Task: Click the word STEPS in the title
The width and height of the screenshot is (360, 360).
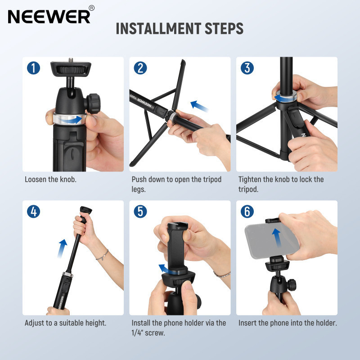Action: click(x=224, y=28)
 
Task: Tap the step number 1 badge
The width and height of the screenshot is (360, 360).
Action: click(x=33, y=68)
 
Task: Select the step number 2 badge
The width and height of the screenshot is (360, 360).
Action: click(x=140, y=68)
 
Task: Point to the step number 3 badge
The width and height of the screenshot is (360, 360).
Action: click(x=247, y=68)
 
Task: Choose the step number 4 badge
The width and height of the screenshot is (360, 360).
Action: click(x=33, y=211)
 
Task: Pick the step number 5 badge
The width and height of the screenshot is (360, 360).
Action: click(x=140, y=211)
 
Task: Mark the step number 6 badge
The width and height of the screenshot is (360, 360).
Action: click(x=247, y=211)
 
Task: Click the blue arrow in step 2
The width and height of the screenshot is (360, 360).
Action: click(x=199, y=106)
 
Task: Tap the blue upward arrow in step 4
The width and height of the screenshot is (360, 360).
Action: click(x=62, y=248)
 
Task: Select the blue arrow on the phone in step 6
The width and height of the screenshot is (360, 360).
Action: click(x=276, y=238)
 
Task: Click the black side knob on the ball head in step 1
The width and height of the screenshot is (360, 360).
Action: click(x=93, y=103)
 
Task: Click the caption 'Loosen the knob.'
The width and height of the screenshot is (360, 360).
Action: click(x=50, y=179)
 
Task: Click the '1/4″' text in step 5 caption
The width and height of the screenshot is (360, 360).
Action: click(x=137, y=333)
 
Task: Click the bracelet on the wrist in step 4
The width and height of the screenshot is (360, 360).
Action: click(x=103, y=256)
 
